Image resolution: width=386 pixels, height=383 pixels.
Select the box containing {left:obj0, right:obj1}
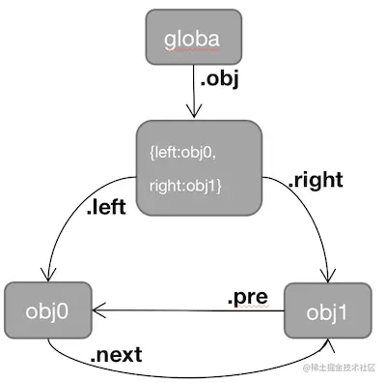click(199, 167)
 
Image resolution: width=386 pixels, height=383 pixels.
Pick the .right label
click(316, 179)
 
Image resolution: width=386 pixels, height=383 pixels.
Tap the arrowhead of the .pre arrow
click(100, 311)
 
